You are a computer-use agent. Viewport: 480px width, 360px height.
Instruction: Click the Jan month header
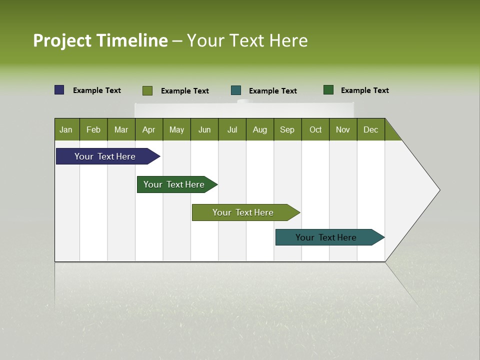66,129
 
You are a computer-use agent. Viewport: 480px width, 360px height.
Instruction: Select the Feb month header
93,129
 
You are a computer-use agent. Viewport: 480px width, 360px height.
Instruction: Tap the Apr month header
148,129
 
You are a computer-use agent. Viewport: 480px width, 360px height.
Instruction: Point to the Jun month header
204,129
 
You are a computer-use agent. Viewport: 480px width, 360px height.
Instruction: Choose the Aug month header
259,129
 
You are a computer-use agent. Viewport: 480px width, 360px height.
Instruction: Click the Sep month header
287,129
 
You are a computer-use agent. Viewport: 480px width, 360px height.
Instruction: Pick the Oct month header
315,129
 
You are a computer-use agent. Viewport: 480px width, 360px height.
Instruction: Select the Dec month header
370,129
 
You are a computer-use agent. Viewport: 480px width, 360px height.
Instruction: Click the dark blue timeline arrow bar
105,156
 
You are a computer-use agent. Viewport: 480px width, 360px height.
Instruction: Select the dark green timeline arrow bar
174,184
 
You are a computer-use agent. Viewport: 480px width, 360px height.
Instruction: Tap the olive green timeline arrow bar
243,212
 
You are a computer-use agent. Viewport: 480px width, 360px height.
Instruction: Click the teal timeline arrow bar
326,237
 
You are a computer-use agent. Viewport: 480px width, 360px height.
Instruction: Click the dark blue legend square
59,90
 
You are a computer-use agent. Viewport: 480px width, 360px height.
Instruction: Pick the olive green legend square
147,90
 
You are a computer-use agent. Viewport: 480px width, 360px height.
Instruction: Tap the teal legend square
236,90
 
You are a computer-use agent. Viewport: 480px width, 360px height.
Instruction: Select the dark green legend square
328,90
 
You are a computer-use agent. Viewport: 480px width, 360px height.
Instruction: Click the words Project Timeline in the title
100,40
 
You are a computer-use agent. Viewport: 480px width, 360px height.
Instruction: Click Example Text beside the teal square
272,91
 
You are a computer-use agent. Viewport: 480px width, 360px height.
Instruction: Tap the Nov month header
343,129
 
